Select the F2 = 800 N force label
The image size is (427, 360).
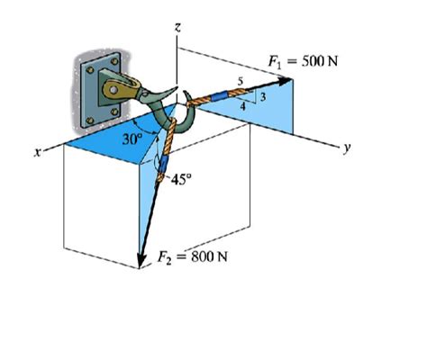pos(193,256)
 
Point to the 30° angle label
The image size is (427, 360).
pos(132,140)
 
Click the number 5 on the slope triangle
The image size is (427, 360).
pos(240,83)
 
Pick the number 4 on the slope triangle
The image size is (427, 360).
pos(242,106)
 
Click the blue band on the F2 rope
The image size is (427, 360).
pos(162,164)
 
